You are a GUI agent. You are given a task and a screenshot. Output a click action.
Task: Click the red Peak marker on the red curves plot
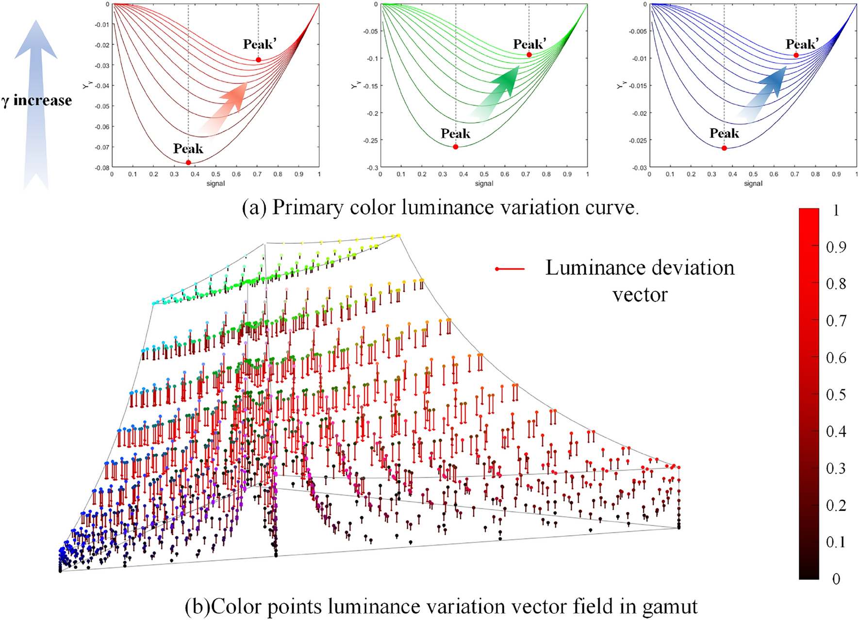[188, 162]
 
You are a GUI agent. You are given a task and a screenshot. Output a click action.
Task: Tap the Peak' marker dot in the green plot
[529, 55]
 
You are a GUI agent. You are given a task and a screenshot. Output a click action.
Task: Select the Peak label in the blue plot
[724, 133]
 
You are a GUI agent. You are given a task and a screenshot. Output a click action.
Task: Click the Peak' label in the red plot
[260, 45]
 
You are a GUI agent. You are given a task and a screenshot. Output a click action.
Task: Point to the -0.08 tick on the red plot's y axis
[103, 168]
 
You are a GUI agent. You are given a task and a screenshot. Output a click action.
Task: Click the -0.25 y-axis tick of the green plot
[371, 141]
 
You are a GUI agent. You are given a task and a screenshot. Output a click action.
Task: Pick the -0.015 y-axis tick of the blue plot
[638, 86]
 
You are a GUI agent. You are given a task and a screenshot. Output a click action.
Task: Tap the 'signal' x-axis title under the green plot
[484, 184]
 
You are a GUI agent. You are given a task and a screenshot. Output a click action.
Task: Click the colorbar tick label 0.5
[836, 395]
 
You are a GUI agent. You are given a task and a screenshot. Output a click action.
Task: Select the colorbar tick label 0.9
[836, 247]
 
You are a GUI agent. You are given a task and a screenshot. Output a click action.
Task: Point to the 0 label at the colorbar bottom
[836, 579]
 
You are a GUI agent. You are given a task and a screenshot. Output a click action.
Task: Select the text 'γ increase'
[37, 101]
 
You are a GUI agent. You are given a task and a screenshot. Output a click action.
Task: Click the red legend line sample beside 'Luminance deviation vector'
[510, 269]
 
